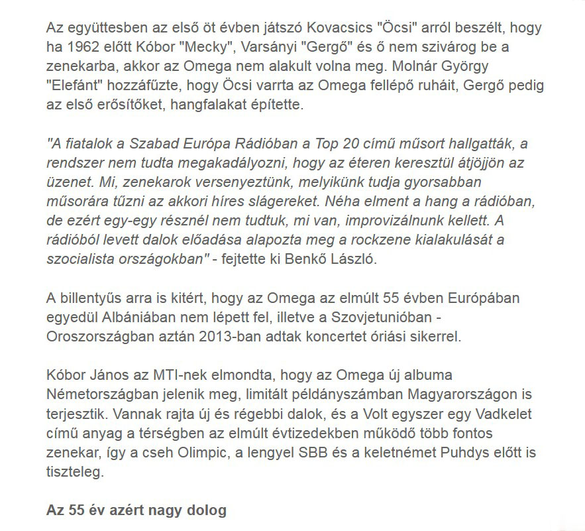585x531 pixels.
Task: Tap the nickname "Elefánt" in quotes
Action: click(x=74, y=85)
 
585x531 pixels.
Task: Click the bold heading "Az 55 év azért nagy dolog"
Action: click(x=136, y=510)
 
